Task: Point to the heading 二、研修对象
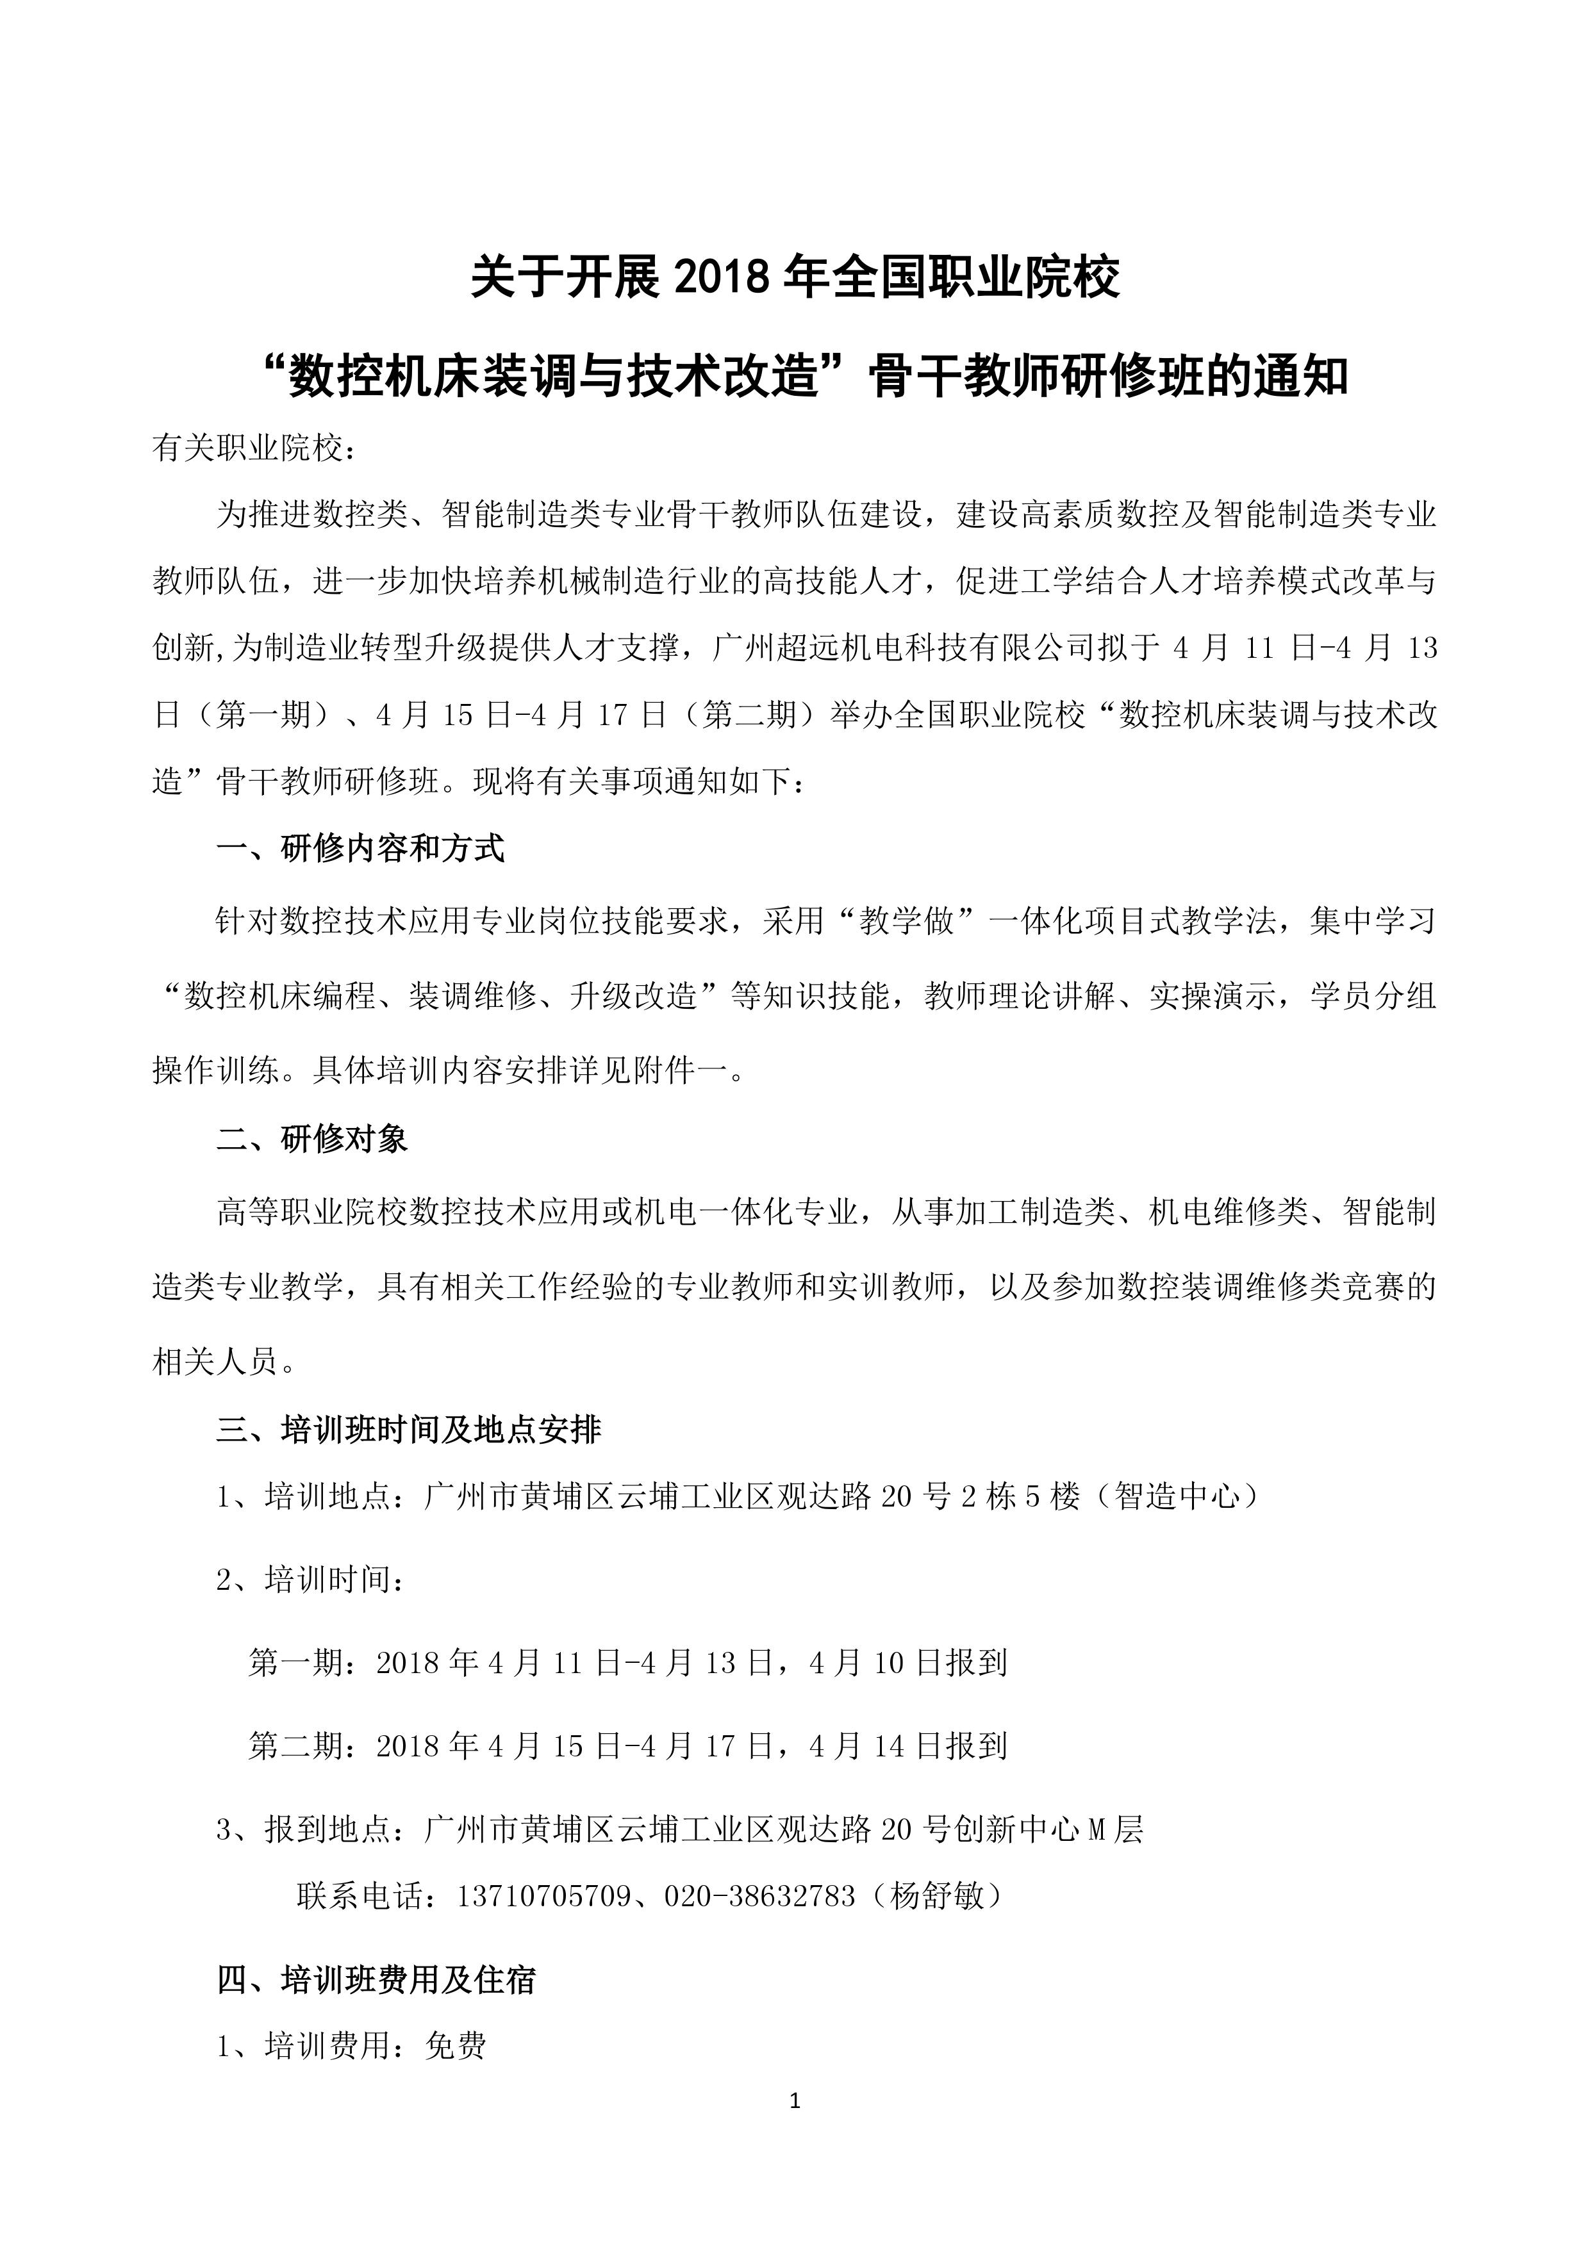pos(312,1139)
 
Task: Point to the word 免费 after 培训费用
pos(455,2045)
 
